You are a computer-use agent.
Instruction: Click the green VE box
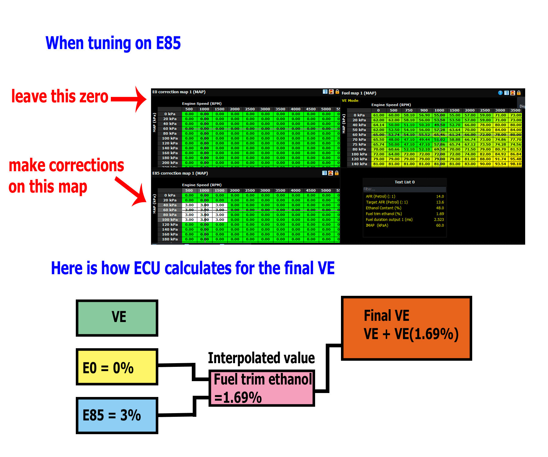(117, 318)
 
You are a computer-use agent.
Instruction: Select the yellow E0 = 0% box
(117, 367)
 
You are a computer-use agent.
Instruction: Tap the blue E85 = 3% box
(117, 415)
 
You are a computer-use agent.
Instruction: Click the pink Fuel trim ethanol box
(262, 388)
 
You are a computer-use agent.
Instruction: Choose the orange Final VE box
(406, 328)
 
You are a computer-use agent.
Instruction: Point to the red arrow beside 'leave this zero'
(129, 99)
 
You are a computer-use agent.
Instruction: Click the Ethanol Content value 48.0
(440, 208)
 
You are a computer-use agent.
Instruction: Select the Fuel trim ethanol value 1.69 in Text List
(440, 214)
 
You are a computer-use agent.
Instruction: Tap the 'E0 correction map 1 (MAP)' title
(179, 92)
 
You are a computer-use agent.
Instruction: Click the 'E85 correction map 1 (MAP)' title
(180, 173)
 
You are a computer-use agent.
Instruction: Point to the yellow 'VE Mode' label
(350, 101)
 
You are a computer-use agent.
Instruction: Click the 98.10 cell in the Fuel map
(516, 164)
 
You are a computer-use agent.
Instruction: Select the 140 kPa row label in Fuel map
(359, 164)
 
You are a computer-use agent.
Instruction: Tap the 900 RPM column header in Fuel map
(424, 110)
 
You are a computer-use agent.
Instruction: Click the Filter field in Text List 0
(404, 189)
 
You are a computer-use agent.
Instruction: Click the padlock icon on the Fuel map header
(519, 93)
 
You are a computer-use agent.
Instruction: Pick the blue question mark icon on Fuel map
(500, 93)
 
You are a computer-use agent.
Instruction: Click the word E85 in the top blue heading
(168, 43)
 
